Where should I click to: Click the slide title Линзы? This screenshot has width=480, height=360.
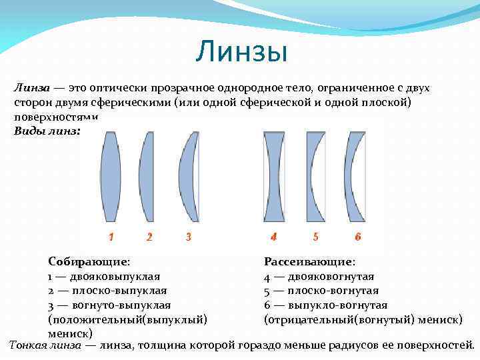point(241,52)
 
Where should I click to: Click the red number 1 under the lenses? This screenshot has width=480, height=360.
point(111,237)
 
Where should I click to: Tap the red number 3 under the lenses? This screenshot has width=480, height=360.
point(189,237)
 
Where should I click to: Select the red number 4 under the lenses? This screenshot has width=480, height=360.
point(273,237)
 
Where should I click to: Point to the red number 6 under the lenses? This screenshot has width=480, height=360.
point(358,237)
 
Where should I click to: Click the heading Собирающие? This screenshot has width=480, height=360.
point(89,262)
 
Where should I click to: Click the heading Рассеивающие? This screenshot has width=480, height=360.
point(309,262)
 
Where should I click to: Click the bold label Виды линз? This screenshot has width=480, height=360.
point(47,131)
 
